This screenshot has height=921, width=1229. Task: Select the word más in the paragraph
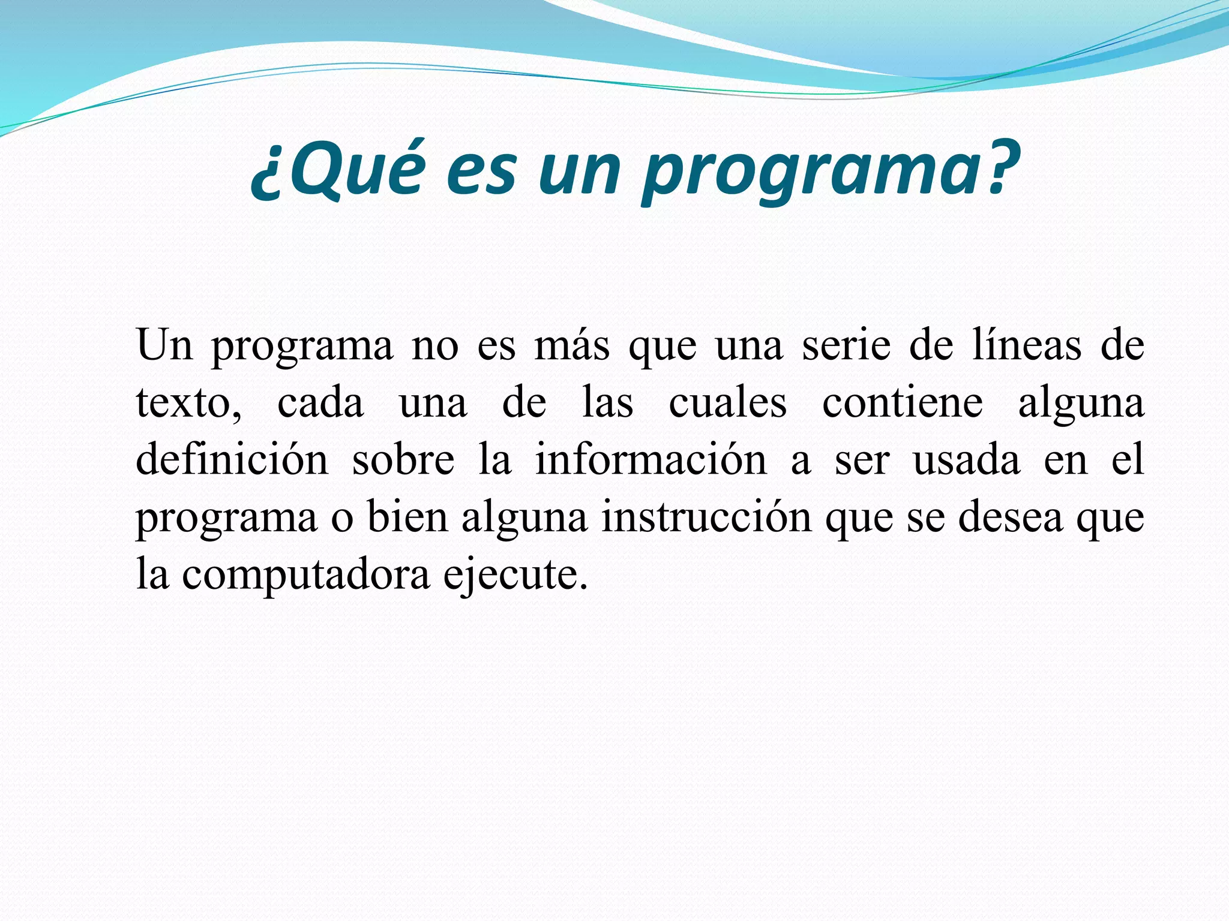point(571,347)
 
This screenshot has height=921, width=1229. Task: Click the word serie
point(846,347)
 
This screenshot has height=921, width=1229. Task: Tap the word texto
point(187,403)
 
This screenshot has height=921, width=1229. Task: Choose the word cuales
point(727,403)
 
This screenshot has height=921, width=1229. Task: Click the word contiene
point(902,403)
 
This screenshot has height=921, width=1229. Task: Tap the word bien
point(407,517)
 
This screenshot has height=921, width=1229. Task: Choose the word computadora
point(306,574)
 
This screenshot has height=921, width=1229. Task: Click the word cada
point(320,403)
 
